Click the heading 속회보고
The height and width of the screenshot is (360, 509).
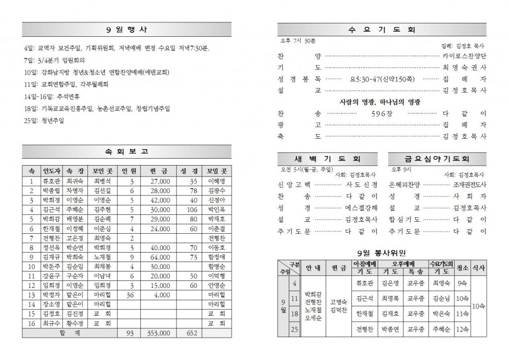coord(127,152)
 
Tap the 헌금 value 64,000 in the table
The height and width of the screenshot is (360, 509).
coord(160,257)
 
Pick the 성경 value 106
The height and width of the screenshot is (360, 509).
coord(191,209)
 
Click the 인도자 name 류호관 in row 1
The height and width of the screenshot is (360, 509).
coord(51,181)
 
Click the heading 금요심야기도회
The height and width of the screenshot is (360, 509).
coord(437,159)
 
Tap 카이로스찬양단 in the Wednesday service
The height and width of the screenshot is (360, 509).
coord(464,56)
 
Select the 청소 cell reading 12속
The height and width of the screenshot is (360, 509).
coord(462,329)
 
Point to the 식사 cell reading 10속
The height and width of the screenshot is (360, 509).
coord(479,306)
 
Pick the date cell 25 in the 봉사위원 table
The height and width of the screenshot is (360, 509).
coord(294,329)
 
